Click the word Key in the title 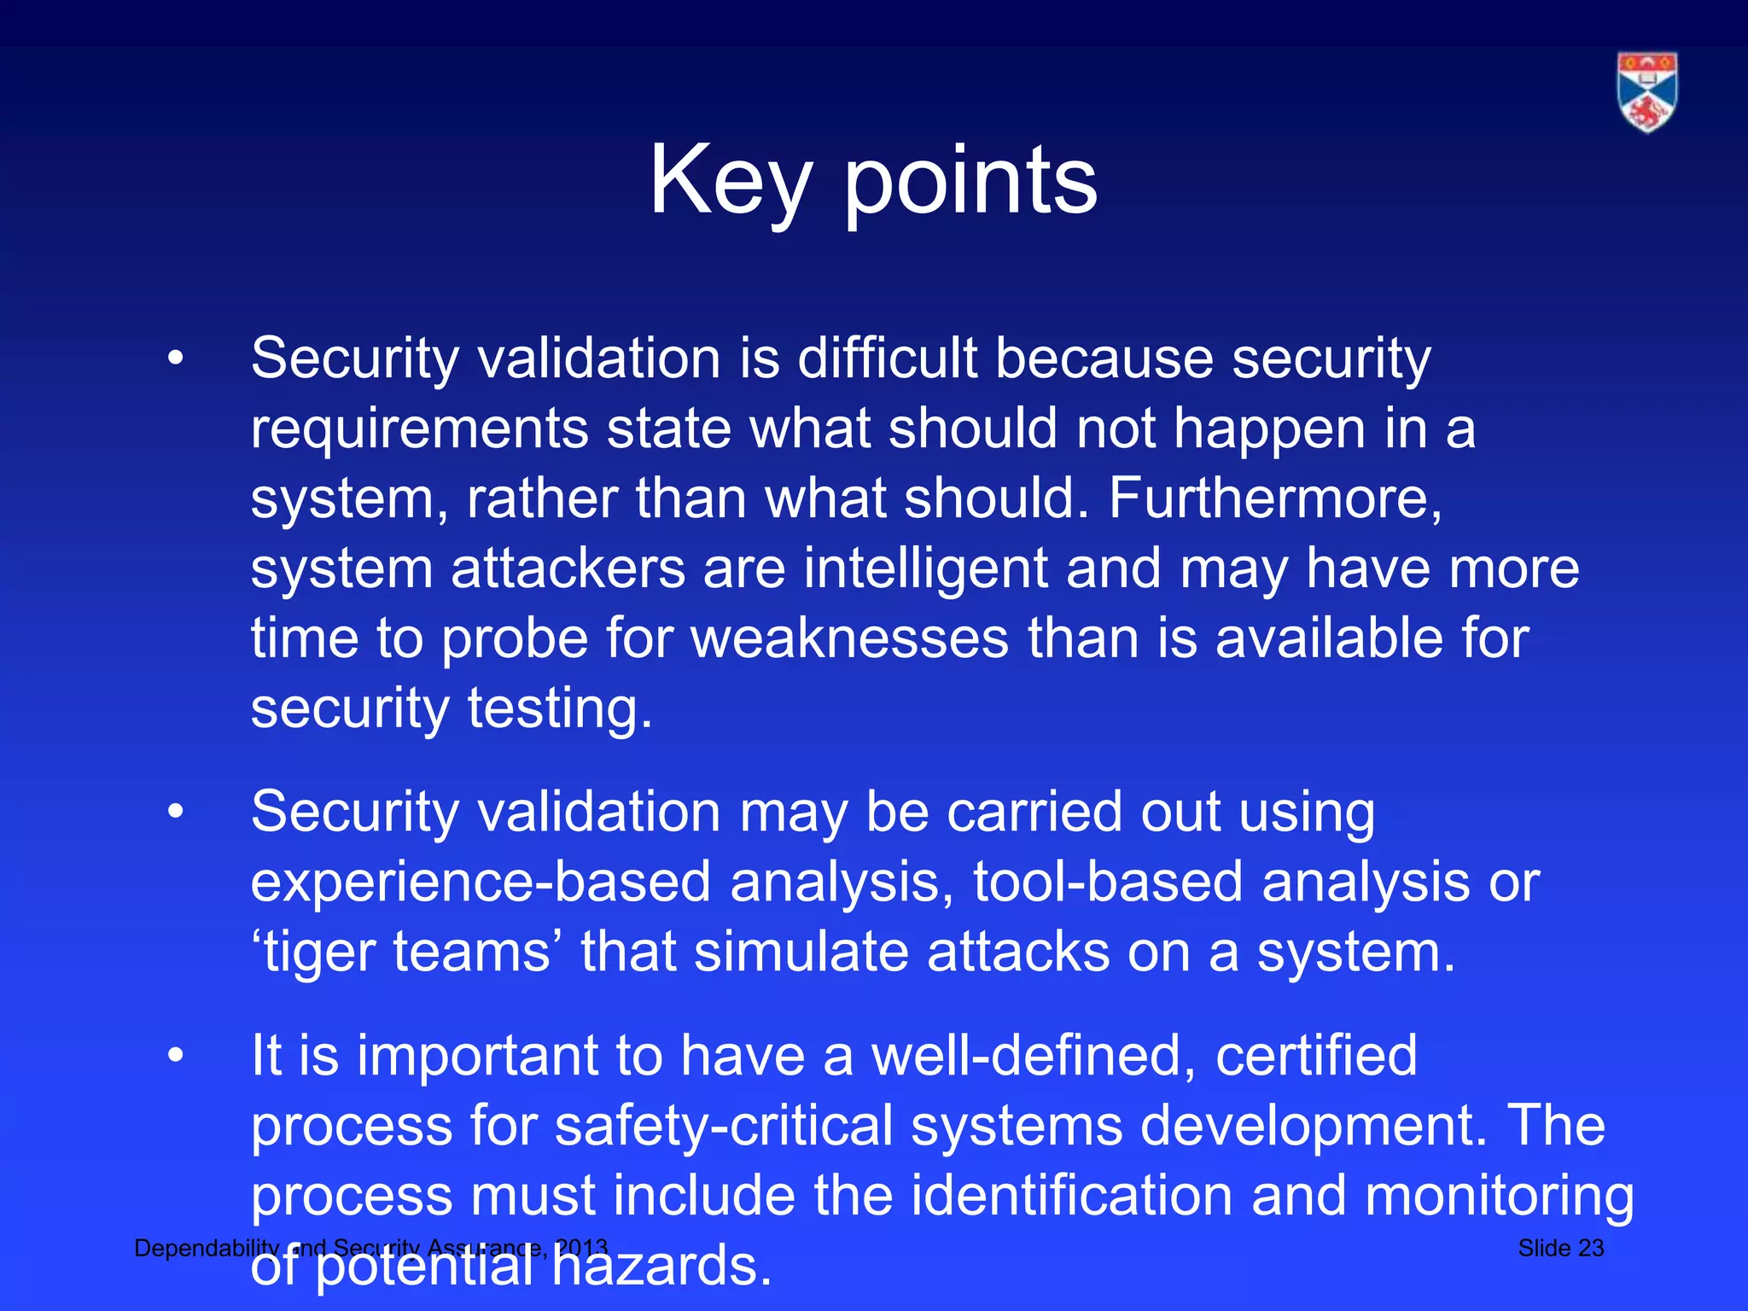(x=730, y=181)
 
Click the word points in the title (x=970, y=181)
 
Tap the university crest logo (x=1646, y=92)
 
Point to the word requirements (x=419, y=428)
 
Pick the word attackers (x=568, y=568)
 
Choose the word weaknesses (x=849, y=638)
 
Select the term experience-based (x=481, y=882)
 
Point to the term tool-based (x=1108, y=882)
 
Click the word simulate (x=801, y=952)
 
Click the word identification (x=1071, y=1196)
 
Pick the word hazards (x=661, y=1266)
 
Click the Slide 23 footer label (x=1560, y=1249)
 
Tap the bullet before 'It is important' (x=176, y=1056)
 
